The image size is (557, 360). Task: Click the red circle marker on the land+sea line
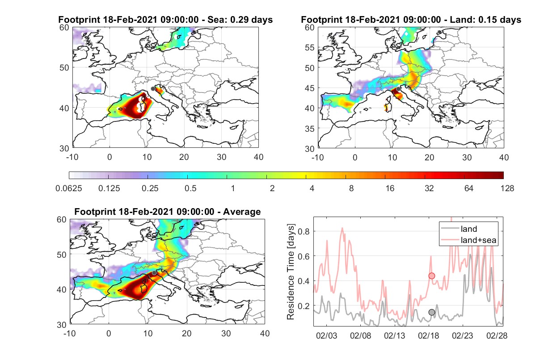[432, 276]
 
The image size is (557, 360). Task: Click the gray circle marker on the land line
[432, 312]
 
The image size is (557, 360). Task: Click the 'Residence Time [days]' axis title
[291, 272]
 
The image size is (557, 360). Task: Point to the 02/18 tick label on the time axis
[428, 335]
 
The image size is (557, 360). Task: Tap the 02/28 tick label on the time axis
[497, 335]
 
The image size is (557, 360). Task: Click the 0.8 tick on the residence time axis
[304, 231]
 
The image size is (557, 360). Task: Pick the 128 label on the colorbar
[507, 188]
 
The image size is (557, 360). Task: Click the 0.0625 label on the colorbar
[69, 188]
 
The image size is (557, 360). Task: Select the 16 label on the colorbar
[390, 188]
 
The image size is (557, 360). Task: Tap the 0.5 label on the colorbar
[190, 188]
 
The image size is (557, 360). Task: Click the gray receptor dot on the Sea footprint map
[153, 89]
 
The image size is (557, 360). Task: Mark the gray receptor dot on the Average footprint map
[154, 273]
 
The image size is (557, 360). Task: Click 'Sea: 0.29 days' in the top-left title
[240, 20]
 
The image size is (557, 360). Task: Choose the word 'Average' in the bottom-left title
[242, 212]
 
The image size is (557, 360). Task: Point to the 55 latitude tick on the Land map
[309, 47]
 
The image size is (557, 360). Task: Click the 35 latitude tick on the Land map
[309, 129]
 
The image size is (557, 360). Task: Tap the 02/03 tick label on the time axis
[326, 335]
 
